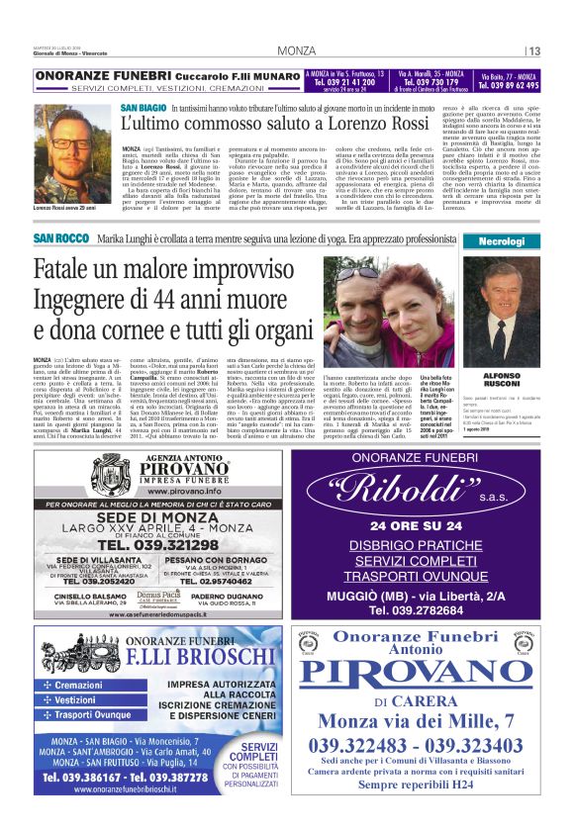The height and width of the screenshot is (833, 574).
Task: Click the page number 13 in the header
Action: click(533, 51)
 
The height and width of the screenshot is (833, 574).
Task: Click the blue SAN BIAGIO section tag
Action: click(143, 107)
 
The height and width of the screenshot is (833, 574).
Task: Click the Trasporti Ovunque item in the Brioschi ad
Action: click(96, 714)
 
